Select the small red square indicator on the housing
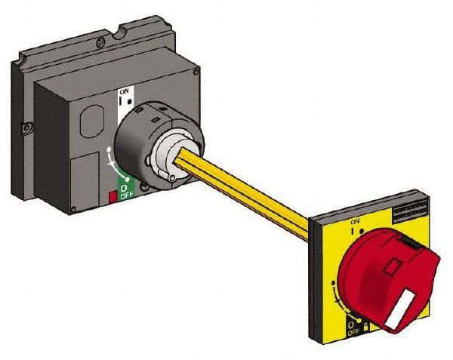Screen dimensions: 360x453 pyautogui.click(x=112, y=197)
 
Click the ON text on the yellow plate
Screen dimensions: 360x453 pyautogui.click(x=355, y=222)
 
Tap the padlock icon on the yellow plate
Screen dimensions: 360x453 pyautogui.click(x=366, y=325)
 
